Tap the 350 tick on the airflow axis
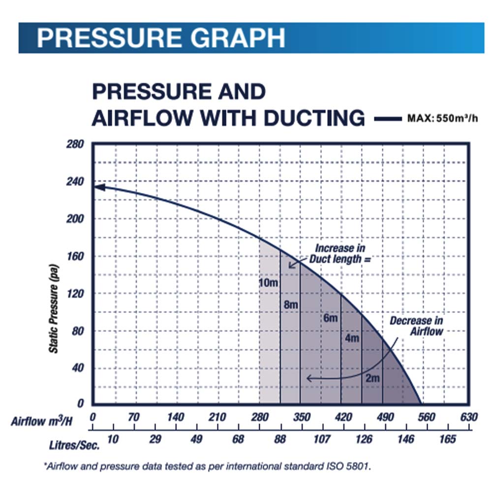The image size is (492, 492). tap(301, 418)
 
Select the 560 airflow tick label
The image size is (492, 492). tap(427, 418)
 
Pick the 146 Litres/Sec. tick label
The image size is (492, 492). tap(406, 439)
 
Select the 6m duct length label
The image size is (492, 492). tap(330, 318)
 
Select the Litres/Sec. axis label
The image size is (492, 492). tap(74, 445)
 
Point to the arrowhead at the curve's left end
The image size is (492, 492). tap(97, 187)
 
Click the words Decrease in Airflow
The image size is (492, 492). tap(416, 326)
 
